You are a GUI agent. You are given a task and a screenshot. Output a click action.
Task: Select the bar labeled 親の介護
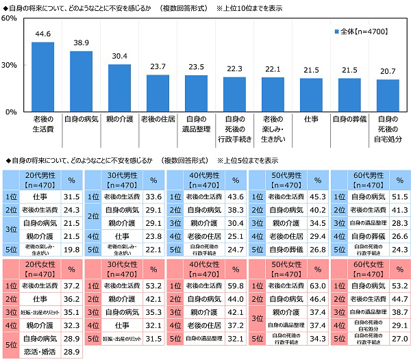tap(119, 88)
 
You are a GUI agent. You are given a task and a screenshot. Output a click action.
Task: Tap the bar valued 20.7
tap(388, 95)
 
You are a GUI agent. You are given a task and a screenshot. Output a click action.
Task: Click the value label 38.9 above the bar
tap(81, 42)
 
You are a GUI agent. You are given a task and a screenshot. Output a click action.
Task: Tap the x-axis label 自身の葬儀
tap(349, 118)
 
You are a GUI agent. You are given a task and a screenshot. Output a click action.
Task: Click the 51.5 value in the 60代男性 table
tap(398, 196)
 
